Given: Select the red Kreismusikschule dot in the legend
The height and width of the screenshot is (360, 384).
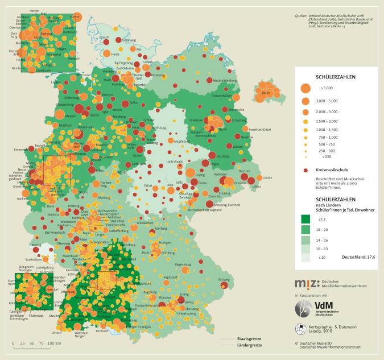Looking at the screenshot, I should click(305, 170).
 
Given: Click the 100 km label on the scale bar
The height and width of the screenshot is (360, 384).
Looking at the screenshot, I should click(53, 344).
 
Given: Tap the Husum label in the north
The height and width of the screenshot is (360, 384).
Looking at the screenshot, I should click(104, 37).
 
